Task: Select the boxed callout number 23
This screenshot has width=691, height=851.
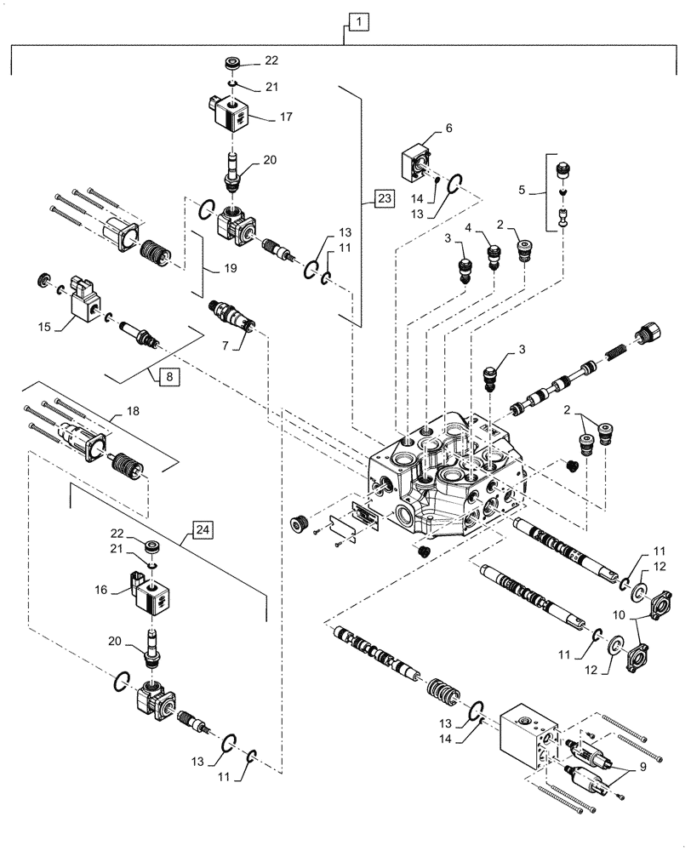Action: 384,200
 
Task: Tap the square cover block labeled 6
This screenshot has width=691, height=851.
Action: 417,163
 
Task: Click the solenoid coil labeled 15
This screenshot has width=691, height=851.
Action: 86,302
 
